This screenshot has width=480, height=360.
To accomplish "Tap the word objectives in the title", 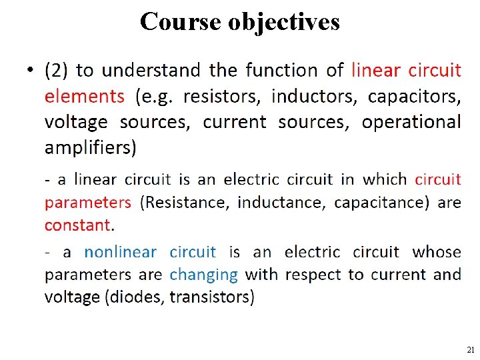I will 284,21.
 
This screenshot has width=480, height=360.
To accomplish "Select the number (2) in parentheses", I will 56,71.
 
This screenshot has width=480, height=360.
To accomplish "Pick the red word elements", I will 84,96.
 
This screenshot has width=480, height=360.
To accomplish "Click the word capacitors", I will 414,96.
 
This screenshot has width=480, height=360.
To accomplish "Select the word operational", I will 411,122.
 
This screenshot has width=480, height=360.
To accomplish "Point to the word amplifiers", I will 91,147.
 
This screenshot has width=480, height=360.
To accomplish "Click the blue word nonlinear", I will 120,252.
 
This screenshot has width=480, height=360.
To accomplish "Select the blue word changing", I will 203,274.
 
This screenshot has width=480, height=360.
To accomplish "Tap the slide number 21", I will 470,349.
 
